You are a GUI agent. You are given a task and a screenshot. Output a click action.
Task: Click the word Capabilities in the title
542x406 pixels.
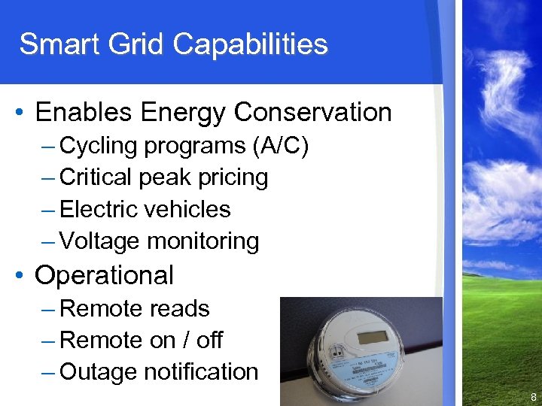point(251,44)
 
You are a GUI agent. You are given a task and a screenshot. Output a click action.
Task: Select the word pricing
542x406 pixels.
point(233,177)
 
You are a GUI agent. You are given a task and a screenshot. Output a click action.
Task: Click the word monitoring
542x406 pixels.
point(203,241)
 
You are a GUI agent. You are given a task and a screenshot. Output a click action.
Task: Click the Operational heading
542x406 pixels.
point(104,275)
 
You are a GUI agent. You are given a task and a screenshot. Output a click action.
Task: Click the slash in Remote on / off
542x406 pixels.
point(185,341)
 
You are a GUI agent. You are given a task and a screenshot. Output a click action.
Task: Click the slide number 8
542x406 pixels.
point(533,397)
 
